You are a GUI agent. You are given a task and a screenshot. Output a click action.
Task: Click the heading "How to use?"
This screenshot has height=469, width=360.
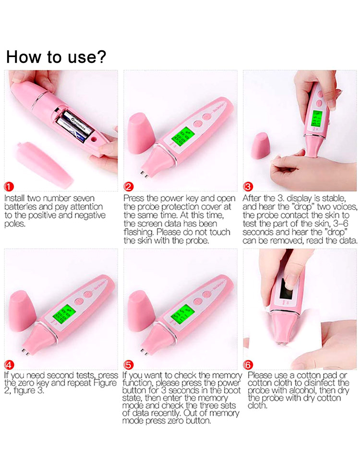(x=56, y=57)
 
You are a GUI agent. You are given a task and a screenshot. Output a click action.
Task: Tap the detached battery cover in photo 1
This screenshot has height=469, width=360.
(x=46, y=163)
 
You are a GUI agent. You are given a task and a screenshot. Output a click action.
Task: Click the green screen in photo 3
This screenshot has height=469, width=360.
(x=317, y=120)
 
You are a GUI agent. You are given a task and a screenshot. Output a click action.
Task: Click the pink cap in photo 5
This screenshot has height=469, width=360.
(x=142, y=312)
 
